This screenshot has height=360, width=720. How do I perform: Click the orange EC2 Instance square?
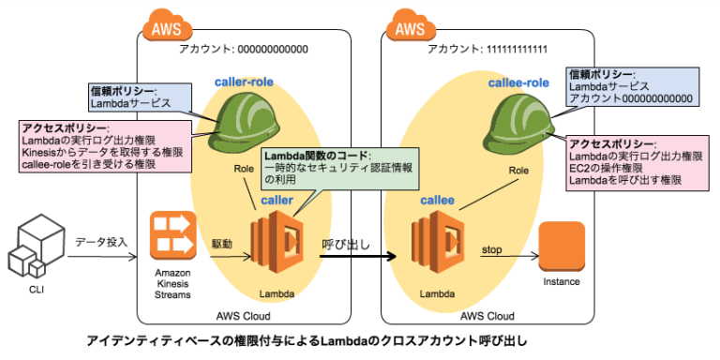pyautogui.click(x=562, y=246)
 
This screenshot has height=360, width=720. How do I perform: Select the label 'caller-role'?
pyautogui.click(x=246, y=82)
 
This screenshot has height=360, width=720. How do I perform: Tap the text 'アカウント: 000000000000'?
pyautogui.click(x=243, y=49)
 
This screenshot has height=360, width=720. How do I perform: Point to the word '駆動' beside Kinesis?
pyautogui.click(x=222, y=242)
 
